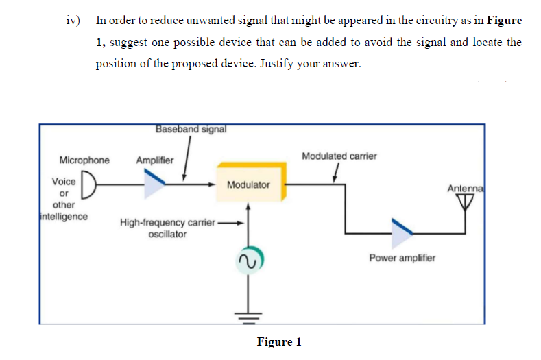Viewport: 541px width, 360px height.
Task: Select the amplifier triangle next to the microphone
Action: pyautogui.click(x=154, y=179)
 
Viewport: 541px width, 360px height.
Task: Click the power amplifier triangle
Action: pyautogui.click(x=401, y=233)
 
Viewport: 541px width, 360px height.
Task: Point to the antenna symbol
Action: pyautogui.click(x=466, y=200)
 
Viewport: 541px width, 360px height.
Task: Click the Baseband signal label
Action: pyautogui.click(x=191, y=128)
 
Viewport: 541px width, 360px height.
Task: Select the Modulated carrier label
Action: pyautogui.click(x=339, y=156)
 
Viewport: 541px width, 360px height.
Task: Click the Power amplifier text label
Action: pyautogui.click(x=401, y=259)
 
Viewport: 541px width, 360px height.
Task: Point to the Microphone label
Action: pyautogui.click(x=84, y=160)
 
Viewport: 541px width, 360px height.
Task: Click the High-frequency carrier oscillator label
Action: pyautogui.click(x=167, y=228)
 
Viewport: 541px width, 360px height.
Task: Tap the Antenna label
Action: pyautogui.click(x=466, y=188)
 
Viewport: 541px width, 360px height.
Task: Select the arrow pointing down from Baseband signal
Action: pyautogui.click(x=186, y=158)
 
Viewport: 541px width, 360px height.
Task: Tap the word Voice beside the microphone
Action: pyautogui.click(x=64, y=182)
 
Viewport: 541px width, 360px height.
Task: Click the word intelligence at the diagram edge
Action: pyautogui.click(x=62, y=217)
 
